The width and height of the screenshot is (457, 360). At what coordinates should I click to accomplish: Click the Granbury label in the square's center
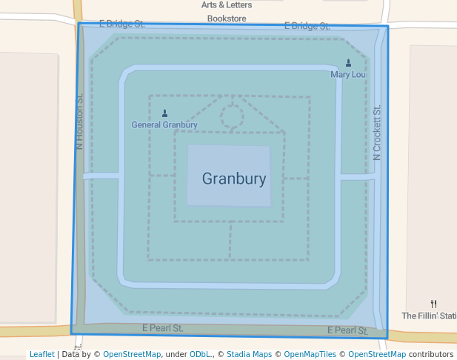(233, 179)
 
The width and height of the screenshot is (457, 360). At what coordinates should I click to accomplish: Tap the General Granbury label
(164, 124)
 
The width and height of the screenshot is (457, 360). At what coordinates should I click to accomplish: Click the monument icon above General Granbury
(164, 113)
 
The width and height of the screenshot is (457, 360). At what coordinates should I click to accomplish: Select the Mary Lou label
(348, 74)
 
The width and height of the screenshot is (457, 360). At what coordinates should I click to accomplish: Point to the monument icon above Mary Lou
(349, 63)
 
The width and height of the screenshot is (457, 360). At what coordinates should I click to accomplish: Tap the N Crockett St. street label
(377, 133)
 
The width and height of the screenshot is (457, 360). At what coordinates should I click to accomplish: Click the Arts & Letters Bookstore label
(227, 11)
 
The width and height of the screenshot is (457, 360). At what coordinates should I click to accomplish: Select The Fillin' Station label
(429, 316)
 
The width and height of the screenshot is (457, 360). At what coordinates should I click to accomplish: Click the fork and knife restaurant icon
(433, 304)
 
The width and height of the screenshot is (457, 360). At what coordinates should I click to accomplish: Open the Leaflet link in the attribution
(41, 354)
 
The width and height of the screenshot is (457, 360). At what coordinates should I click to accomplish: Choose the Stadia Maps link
(249, 354)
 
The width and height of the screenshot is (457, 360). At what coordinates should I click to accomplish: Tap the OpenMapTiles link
(308, 354)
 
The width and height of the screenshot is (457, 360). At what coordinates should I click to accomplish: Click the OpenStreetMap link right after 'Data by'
(132, 354)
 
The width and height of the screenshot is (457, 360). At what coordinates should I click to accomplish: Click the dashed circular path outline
(232, 116)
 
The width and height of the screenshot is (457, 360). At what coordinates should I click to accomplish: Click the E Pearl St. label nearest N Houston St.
(162, 327)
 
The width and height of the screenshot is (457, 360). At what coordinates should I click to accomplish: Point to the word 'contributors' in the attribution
(430, 354)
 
